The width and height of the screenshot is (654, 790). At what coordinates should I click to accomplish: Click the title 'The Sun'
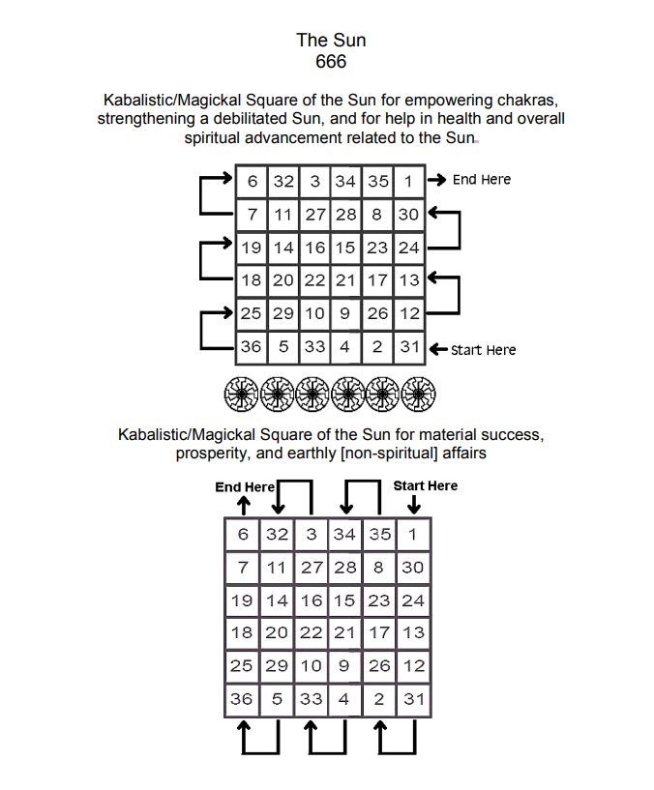(331, 40)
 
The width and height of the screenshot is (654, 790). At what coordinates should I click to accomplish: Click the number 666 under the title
(331, 61)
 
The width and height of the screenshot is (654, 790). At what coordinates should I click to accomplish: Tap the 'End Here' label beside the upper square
(481, 179)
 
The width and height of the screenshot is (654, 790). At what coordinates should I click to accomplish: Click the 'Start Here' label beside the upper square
(483, 349)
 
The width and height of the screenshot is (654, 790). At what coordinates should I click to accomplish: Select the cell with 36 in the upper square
(251, 346)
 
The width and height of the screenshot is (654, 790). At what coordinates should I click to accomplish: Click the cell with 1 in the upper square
(408, 180)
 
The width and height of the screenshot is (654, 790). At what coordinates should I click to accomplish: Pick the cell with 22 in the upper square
(313, 280)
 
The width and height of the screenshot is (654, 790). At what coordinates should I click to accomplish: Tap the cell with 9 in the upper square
(345, 313)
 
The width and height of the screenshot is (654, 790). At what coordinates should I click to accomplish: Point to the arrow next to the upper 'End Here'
(437, 179)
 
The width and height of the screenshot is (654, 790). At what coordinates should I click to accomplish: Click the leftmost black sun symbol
(242, 395)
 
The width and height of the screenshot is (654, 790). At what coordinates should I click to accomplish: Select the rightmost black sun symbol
(420, 395)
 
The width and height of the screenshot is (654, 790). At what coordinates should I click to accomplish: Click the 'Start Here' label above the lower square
(425, 485)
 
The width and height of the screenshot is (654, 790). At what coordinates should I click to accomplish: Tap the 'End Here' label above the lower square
(245, 486)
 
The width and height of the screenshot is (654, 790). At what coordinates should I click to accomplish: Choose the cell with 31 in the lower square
(412, 698)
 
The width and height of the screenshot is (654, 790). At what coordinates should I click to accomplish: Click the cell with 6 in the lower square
(243, 534)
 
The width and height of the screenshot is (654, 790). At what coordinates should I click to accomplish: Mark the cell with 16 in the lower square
(311, 600)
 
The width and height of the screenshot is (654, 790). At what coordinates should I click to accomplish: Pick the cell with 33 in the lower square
(311, 698)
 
